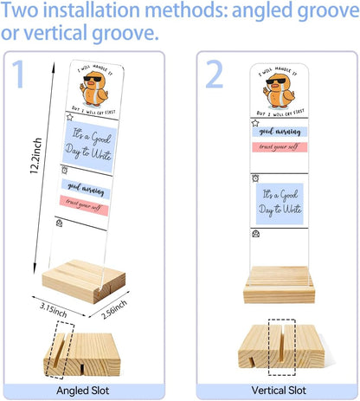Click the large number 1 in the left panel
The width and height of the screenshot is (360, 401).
tap(19, 74)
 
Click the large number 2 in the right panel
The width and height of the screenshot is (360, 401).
tap(215, 74)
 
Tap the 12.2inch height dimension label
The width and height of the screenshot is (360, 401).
tap(36, 156)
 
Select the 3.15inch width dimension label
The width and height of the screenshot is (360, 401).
tap(54, 310)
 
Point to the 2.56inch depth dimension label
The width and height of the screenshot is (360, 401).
tap(114, 309)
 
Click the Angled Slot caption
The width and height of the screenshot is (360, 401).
tap(83, 391)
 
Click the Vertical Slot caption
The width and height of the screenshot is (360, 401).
tap(279, 391)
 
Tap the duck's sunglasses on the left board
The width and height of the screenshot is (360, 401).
tap(93, 79)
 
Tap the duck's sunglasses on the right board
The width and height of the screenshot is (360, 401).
tap(276, 81)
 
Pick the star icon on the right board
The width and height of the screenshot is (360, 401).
tap(255, 123)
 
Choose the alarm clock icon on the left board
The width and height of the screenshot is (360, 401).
tap(65, 171)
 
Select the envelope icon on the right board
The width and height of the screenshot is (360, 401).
tap(255, 233)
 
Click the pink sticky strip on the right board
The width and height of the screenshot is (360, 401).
tap(280, 147)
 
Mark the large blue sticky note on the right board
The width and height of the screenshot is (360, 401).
tap(280, 204)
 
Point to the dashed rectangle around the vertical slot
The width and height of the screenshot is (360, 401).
tap(268, 347)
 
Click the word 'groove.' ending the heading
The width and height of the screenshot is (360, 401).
tap(125, 33)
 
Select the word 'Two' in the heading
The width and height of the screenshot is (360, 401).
tap(20, 10)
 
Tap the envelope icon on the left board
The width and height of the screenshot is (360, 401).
tap(59, 223)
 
